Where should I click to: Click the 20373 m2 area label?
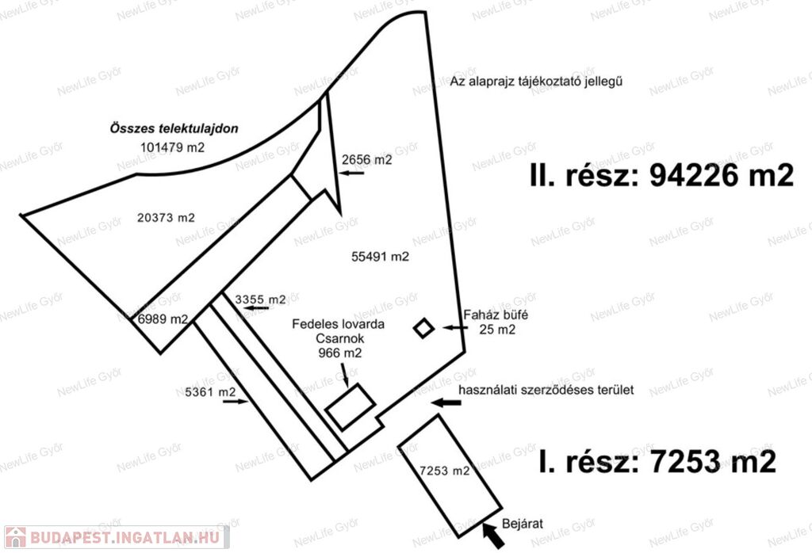click(x=166, y=217)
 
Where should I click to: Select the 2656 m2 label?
click(x=367, y=159)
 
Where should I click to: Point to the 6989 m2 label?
click(x=162, y=319)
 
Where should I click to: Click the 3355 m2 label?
click(x=261, y=299)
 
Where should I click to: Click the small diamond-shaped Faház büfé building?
click(x=425, y=327)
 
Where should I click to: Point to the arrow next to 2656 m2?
click(x=353, y=174)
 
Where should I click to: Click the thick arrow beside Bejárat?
click(x=493, y=538)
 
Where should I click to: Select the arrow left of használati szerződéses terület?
click(x=446, y=402)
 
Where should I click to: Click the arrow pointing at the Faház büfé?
click(x=456, y=326)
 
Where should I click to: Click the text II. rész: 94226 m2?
click(x=661, y=176)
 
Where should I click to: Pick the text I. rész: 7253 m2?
click(x=657, y=461)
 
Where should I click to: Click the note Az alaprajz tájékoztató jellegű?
click(x=546, y=82)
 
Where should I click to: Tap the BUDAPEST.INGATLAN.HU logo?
click(x=116, y=537)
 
